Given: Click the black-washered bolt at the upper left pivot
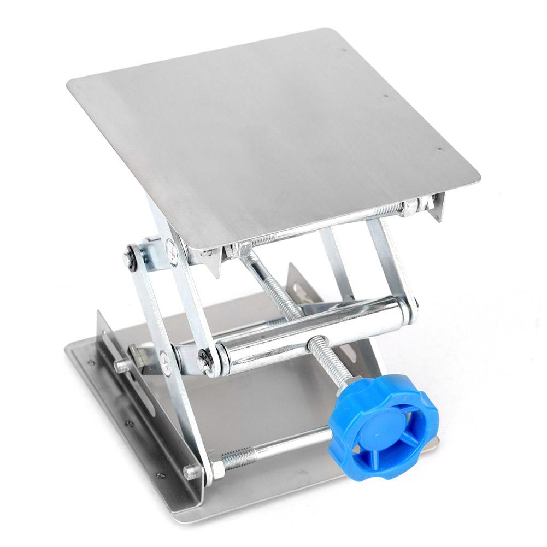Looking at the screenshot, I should point(131,257).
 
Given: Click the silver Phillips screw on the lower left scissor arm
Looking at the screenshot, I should point(164,358).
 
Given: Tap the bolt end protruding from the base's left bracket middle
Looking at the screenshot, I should point(121,364).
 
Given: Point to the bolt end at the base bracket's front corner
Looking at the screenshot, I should point(191,471).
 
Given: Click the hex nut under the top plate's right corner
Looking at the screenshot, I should point(409,208).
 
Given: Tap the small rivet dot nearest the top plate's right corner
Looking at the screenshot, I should point(440,146).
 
